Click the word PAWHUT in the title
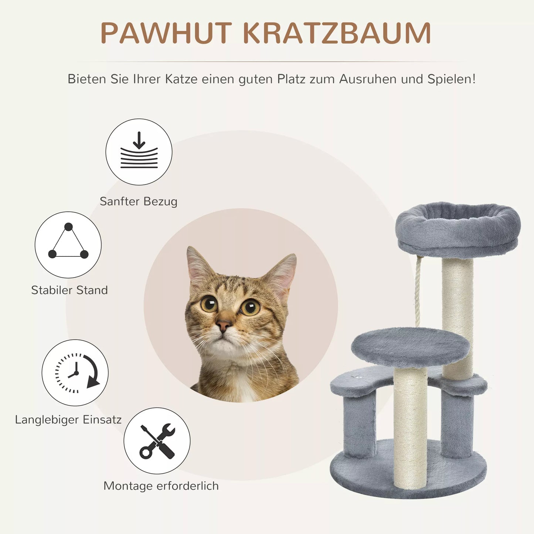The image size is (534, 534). click(166, 33)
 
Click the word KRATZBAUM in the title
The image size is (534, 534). click(337, 33)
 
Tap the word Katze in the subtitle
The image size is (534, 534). click(181, 79)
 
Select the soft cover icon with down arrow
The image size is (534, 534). click(139, 152)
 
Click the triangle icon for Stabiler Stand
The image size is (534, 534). click(68, 245)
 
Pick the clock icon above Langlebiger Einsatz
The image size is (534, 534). click(75, 373)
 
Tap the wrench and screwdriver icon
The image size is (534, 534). click(157, 441)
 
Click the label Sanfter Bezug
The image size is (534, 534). click(139, 201)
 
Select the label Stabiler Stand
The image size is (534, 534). click(69, 290)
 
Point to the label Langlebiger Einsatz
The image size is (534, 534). click(68, 419)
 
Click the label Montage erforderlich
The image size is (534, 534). click(161, 486)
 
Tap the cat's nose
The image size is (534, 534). click(223, 326)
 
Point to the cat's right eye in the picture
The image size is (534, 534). click(250, 307)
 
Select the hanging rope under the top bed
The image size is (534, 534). click(418, 292)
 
